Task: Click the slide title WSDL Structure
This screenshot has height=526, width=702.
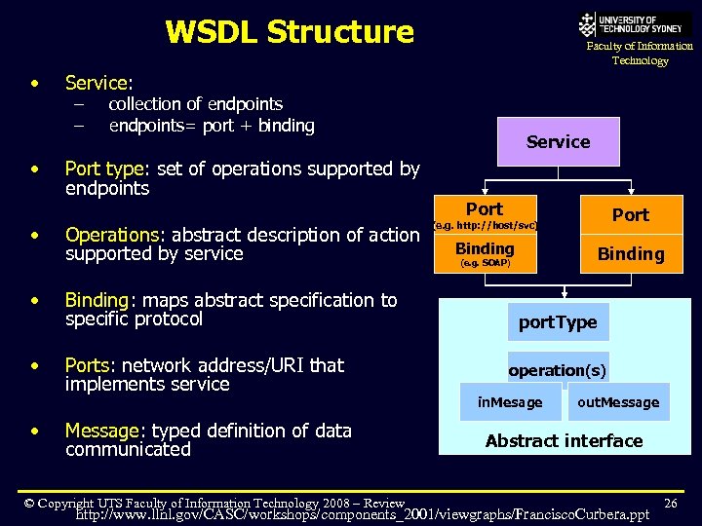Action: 290,32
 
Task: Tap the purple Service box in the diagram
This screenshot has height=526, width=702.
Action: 558,142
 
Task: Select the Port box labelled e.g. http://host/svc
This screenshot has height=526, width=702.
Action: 485,214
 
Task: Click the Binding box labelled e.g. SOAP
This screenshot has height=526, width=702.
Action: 485,253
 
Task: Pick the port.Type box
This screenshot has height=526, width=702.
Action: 557,322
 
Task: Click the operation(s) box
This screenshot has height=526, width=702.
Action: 558,370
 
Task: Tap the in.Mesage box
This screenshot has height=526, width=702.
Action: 510,402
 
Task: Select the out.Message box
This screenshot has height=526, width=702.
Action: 618,402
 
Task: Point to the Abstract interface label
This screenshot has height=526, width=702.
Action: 564,441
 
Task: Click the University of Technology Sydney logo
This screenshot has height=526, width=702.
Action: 635,23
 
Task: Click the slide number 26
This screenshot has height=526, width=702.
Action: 670,503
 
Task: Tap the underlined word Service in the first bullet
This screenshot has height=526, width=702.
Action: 97,84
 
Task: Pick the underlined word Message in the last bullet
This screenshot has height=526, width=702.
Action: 101,431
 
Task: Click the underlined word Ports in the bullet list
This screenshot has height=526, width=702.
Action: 87,365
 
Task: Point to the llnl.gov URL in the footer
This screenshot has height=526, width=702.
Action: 362,514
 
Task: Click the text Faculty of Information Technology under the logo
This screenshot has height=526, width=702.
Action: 640,53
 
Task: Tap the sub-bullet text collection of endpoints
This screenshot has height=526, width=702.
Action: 195,104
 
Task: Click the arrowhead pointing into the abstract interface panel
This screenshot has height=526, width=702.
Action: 564,293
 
